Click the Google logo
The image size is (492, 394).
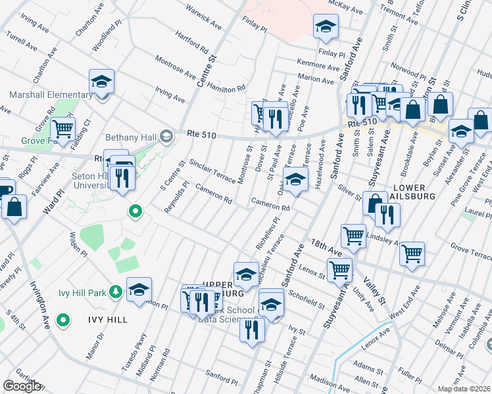click(x=22, y=386)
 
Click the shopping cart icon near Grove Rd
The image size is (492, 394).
click(x=62, y=129)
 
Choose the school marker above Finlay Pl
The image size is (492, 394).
click(x=324, y=28)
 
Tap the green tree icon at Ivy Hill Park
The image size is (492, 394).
click(x=116, y=290)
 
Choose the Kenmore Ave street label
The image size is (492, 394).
click(x=318, y=65)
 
